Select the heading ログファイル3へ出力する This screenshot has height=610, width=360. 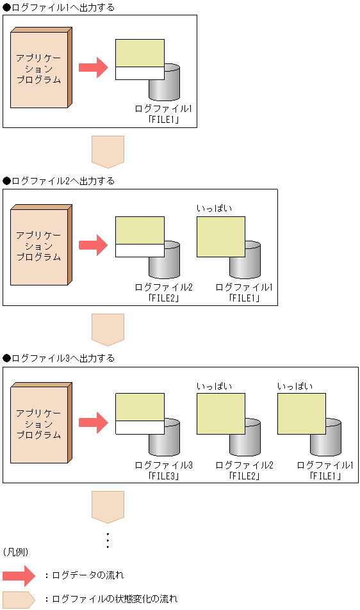click(x=59, y=358)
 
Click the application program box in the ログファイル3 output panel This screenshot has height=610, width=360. click(x=40, y=422)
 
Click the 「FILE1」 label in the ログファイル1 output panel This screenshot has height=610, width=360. click(x=163, y=119)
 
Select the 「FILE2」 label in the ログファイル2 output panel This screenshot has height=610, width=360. click(x=163, y=297)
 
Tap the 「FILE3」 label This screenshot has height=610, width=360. click(x=163, y=476)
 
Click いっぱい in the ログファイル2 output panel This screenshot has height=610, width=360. click(x=214, y=209)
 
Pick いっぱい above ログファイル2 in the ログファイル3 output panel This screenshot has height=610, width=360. click(x=214, y=386)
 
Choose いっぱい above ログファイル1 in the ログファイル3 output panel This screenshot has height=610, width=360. click(x=295, y=386)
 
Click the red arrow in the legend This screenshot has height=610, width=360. click(x=19, y=575)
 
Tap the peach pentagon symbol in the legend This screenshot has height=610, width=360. click(x=19, y=599)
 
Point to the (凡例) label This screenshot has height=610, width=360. click(x=15, y=551)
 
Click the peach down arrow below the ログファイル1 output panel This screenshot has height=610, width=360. click(x=108, y=151)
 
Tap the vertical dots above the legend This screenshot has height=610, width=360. click(x=108, y=540)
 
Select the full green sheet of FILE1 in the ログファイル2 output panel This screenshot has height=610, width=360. click(x=220, y=237)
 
